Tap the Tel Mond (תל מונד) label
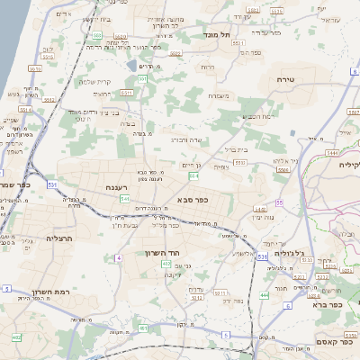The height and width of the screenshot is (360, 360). [x=219, y=32]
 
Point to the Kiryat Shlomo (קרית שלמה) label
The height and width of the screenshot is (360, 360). [x=94, y=81]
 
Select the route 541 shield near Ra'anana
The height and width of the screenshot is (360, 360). [x=124, y=198]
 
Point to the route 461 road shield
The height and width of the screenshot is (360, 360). [x=144, y=328]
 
